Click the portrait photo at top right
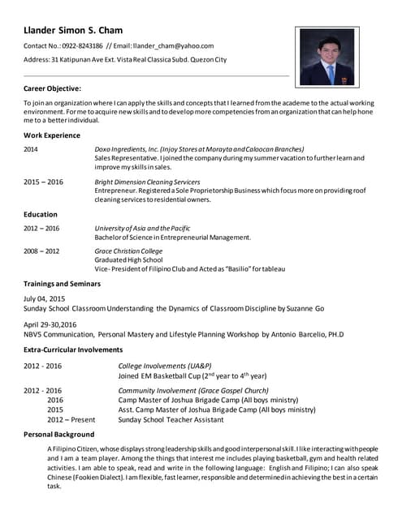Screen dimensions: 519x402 pyautogui.click(x=326, y=56)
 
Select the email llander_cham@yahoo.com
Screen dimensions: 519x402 pyautogui.click(x=174, y=46)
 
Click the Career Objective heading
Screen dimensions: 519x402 pyautogui.click(x=52, y=88)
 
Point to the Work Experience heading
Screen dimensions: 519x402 pyautogui.click(x=52, y=135)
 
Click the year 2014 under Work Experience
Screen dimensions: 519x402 pyautogui.click(x=31, y=149)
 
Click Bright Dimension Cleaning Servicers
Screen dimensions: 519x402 pyautogui.click(x=147, y=182)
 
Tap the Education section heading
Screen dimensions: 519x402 pyautogui.click(x=41, y=214)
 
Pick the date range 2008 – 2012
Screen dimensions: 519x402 pyautogui.click(x=41, y=251)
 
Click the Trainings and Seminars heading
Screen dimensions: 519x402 pyautogui.click(x=62, y=284)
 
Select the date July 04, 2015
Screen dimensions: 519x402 pyautogui.click(x=44, y=299)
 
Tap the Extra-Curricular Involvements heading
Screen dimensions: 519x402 pyautogui.click(x=73, y=350)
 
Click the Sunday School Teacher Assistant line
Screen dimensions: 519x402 pyautogui.click(x=171, y=421)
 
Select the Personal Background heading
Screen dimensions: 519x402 pyautogui.click(x=59, y=435)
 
